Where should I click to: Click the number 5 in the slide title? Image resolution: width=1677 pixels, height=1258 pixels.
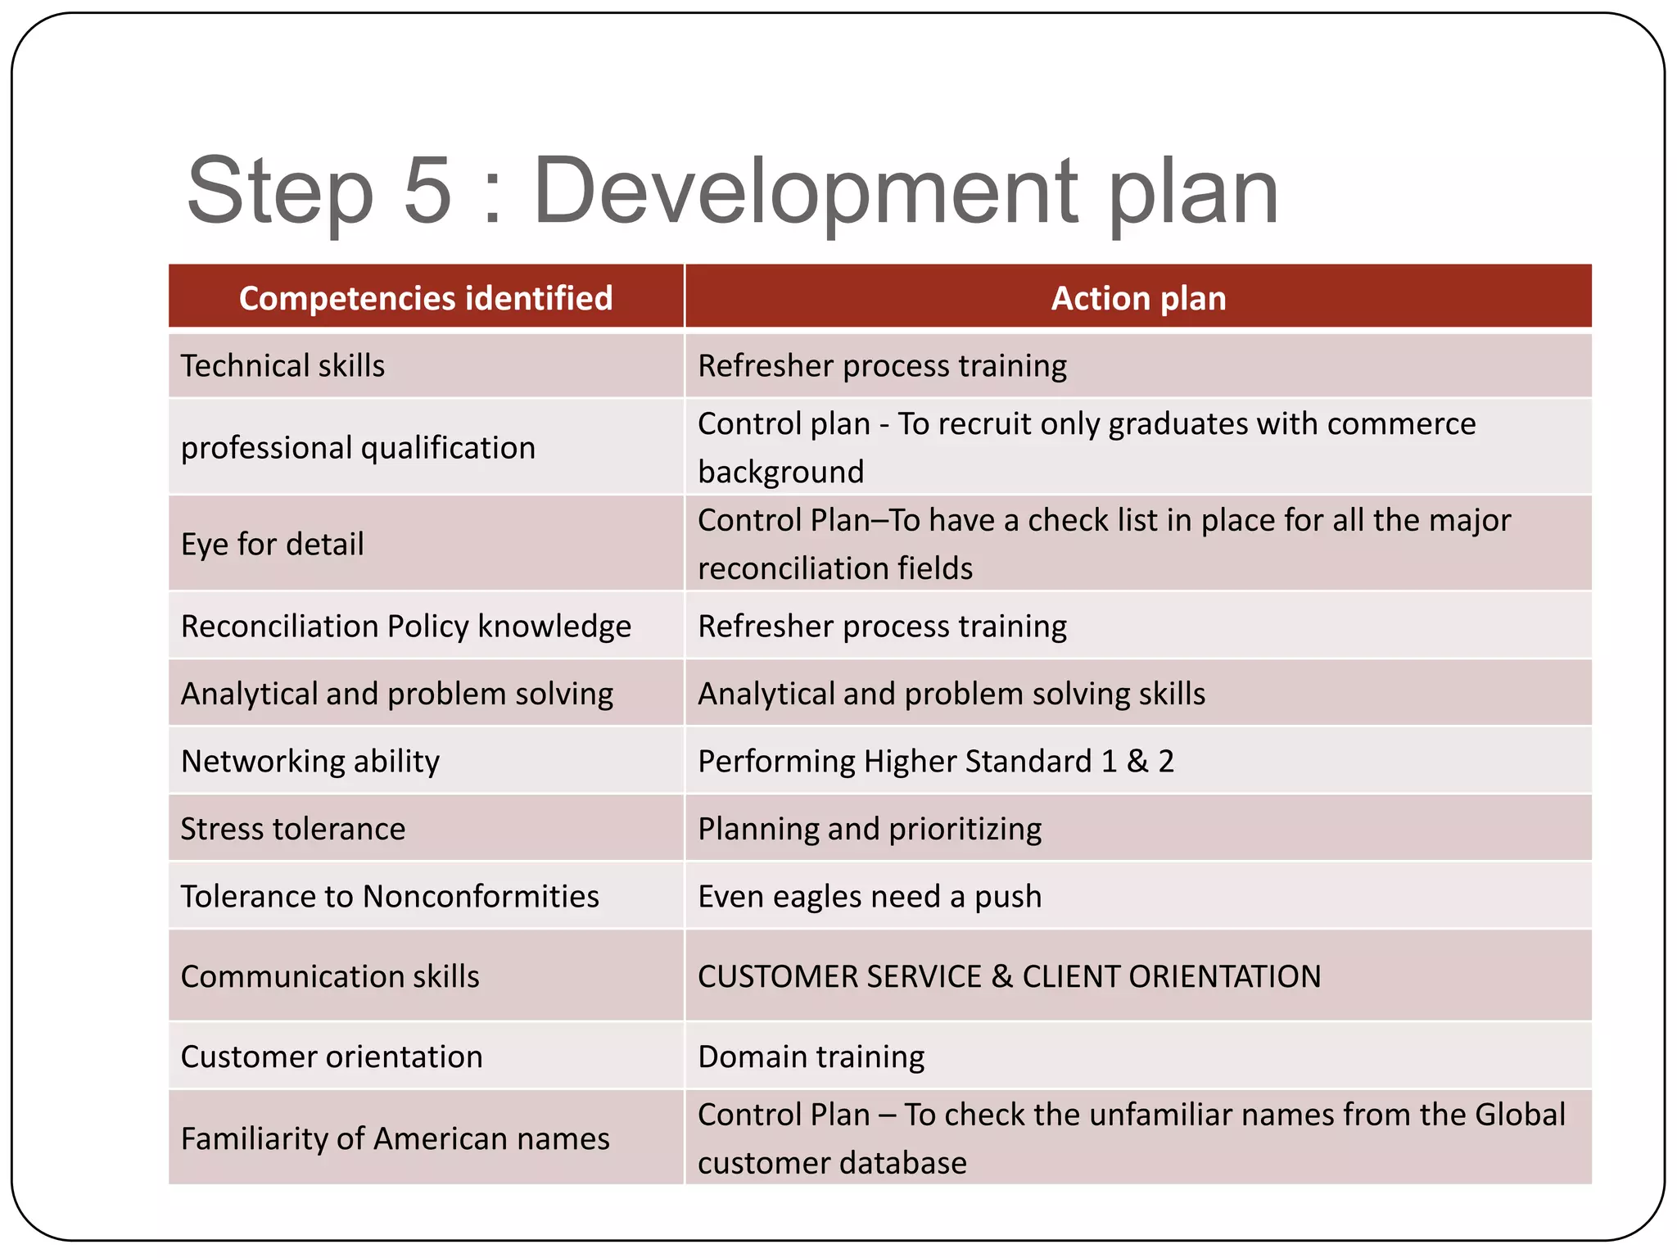click(427, 190)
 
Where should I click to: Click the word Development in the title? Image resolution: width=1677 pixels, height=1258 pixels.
click(806, 190)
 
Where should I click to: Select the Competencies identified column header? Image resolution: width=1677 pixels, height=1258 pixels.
click(426, 298)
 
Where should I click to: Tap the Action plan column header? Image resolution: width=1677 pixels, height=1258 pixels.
click(1138, 298)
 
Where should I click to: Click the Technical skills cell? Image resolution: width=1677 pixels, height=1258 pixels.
click(283, 365)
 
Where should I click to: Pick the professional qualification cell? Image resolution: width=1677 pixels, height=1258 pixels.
click(358, 447)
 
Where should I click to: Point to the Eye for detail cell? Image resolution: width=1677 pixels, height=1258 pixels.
click(272, 544)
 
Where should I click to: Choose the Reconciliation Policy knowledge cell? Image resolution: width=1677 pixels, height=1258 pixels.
click(405, 626)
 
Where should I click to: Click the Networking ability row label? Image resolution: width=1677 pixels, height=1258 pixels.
click(310, 761)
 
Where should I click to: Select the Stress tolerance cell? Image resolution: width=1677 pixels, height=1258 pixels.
click(292, 829)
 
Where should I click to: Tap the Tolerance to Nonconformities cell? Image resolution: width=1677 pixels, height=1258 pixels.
click(390, 896)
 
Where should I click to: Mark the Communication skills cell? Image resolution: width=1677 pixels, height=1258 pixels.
click(330, 976)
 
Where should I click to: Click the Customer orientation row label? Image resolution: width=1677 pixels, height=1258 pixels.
click(332, 1057)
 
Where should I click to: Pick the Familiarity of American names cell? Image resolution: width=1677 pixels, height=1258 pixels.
click(395, 1138)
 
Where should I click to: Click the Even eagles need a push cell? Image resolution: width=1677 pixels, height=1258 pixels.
click(870, 896)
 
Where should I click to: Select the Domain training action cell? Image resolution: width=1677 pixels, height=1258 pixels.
click(811, 1057)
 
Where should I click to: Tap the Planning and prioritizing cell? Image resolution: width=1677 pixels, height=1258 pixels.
click(870, 829)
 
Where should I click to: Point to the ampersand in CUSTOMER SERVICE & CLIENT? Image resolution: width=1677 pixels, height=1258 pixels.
click(1001, 976)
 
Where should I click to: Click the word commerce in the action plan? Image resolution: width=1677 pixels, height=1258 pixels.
click(1401, 423)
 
